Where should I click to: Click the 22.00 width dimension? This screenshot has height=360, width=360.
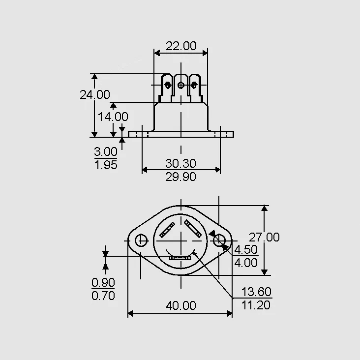pos(181,46)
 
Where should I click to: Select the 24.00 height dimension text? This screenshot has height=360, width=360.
pos(95,94)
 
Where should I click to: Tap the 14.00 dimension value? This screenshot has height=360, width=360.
pos(113,117)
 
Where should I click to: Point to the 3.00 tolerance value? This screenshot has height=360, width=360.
pos(106,151)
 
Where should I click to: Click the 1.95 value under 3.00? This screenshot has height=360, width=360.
pos(106,165)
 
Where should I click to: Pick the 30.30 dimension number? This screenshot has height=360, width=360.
pos(180,163)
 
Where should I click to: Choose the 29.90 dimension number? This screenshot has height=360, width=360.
pos(180,177)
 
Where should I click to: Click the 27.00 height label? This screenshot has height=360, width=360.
pos(264,237)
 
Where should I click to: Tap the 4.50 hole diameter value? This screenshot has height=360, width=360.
pos(246,249)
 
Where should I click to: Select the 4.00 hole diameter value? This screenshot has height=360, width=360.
pos(246,263)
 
